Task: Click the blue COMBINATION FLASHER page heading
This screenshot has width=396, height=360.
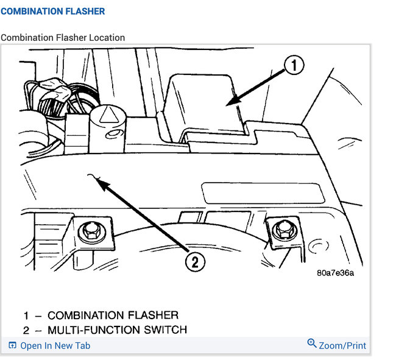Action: (x=52, y=12)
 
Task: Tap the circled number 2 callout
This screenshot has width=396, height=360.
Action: (x=194, y=263)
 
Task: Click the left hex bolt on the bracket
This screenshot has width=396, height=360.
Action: (x=91, y=230)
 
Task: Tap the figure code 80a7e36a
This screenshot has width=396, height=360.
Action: (x=335, y=272)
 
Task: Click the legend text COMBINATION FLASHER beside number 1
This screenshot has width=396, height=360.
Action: (x=113, y=315)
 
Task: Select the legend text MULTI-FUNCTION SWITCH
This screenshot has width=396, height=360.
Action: (x=117, y=330)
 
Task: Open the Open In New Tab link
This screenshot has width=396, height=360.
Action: (x=55, y=345)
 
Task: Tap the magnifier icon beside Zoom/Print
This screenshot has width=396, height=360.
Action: (x=312, y=344)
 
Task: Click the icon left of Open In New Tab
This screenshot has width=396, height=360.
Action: (x=12, y=345)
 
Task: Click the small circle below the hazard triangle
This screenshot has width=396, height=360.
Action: (x=111, y=134)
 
